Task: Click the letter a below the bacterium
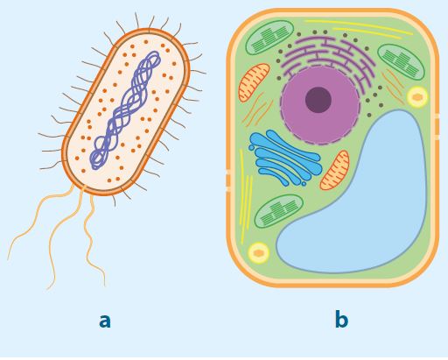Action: (105, 321)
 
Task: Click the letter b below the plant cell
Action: (341, 319)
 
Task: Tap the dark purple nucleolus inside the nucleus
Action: (318, 100)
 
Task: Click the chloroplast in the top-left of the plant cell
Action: (269, 38)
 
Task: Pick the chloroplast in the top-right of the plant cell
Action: (401, 61)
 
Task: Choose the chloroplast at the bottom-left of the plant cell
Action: (279, 211)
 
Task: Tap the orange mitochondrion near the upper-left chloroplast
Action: (254, 82)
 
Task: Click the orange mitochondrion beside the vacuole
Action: (335, 171)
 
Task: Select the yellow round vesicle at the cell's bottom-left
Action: (258, 253)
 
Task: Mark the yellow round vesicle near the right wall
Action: (417, 97)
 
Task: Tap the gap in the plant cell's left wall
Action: (228, 181)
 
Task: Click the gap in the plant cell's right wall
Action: (437, 127)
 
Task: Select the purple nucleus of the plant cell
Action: (320, 105)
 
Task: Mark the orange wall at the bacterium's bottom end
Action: (102, 192)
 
